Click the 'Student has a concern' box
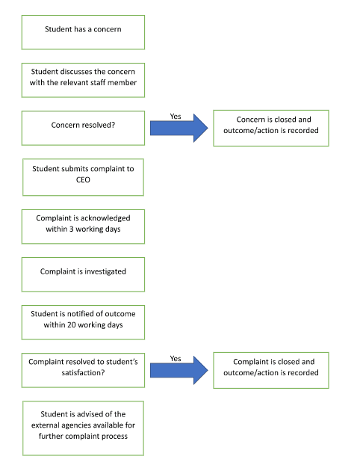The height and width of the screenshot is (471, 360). (83, 32)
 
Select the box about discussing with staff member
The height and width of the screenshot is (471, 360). (83, 80)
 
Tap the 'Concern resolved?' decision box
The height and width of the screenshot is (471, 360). (83, 129)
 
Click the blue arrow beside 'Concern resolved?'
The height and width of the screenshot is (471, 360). (179, 128)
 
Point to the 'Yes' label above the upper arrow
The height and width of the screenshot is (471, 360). (176, 116)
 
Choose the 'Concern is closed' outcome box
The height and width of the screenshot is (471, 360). (271, 129)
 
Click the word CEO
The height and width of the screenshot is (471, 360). (83, 179)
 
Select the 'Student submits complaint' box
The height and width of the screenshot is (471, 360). (83, 177)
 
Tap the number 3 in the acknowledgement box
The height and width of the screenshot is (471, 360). (72, 229)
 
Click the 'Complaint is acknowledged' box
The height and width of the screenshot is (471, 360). (83, 227)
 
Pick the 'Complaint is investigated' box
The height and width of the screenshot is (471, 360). (83, 274)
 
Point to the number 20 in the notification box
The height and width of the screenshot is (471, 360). (72, 324)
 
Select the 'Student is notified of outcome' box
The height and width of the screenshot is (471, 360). (83, 322)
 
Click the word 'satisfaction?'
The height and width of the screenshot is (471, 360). (83, 373)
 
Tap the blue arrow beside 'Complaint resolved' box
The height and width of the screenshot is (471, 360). (179, 370)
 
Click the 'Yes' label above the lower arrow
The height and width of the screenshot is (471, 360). (176, 358)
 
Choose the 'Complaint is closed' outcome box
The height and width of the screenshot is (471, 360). (271, 370)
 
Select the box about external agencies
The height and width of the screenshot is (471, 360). (83, 428)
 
